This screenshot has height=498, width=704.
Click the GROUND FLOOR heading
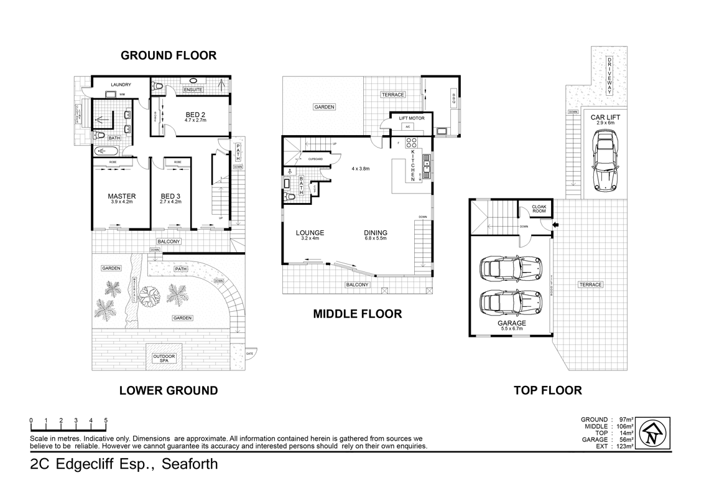[168, 55]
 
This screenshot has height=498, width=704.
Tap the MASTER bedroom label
[122, 196]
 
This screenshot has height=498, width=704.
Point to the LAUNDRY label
[121, 85]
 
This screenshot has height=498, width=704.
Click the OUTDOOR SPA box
[164, 359]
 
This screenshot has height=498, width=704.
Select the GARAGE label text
[511, 323]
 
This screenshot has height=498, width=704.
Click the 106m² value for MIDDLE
[624, 426]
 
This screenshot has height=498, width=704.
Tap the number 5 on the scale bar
[106, 420]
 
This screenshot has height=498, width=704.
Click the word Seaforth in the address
[190, 464]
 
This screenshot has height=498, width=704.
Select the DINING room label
[376, 233]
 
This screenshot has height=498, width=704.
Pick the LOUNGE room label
[310, 233]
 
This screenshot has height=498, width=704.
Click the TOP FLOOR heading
[547, 391]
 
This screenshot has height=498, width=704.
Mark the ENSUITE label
[193, 90]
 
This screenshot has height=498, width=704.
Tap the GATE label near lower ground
[250, 353]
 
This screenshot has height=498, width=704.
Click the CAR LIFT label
[605, 116]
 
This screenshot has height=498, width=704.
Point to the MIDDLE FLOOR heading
[357, 314]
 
